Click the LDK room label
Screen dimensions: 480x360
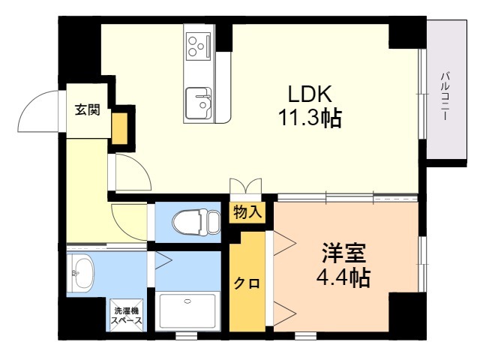310,94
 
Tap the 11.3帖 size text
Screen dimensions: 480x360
310,118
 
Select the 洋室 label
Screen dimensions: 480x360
343,253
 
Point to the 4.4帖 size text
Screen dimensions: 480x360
343,277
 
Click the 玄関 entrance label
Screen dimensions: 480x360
88,109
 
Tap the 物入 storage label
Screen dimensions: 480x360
247,212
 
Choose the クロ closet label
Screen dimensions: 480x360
247,283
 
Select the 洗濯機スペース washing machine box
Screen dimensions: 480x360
127,315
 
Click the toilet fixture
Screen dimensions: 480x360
196,222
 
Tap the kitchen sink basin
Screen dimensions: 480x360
198,103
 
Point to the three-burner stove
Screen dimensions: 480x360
199,46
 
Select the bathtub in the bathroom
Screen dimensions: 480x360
187,311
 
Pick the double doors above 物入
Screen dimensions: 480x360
245,186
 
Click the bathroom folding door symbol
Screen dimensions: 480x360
163,261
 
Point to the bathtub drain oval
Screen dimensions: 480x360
187,301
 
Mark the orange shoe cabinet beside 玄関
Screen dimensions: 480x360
119,128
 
